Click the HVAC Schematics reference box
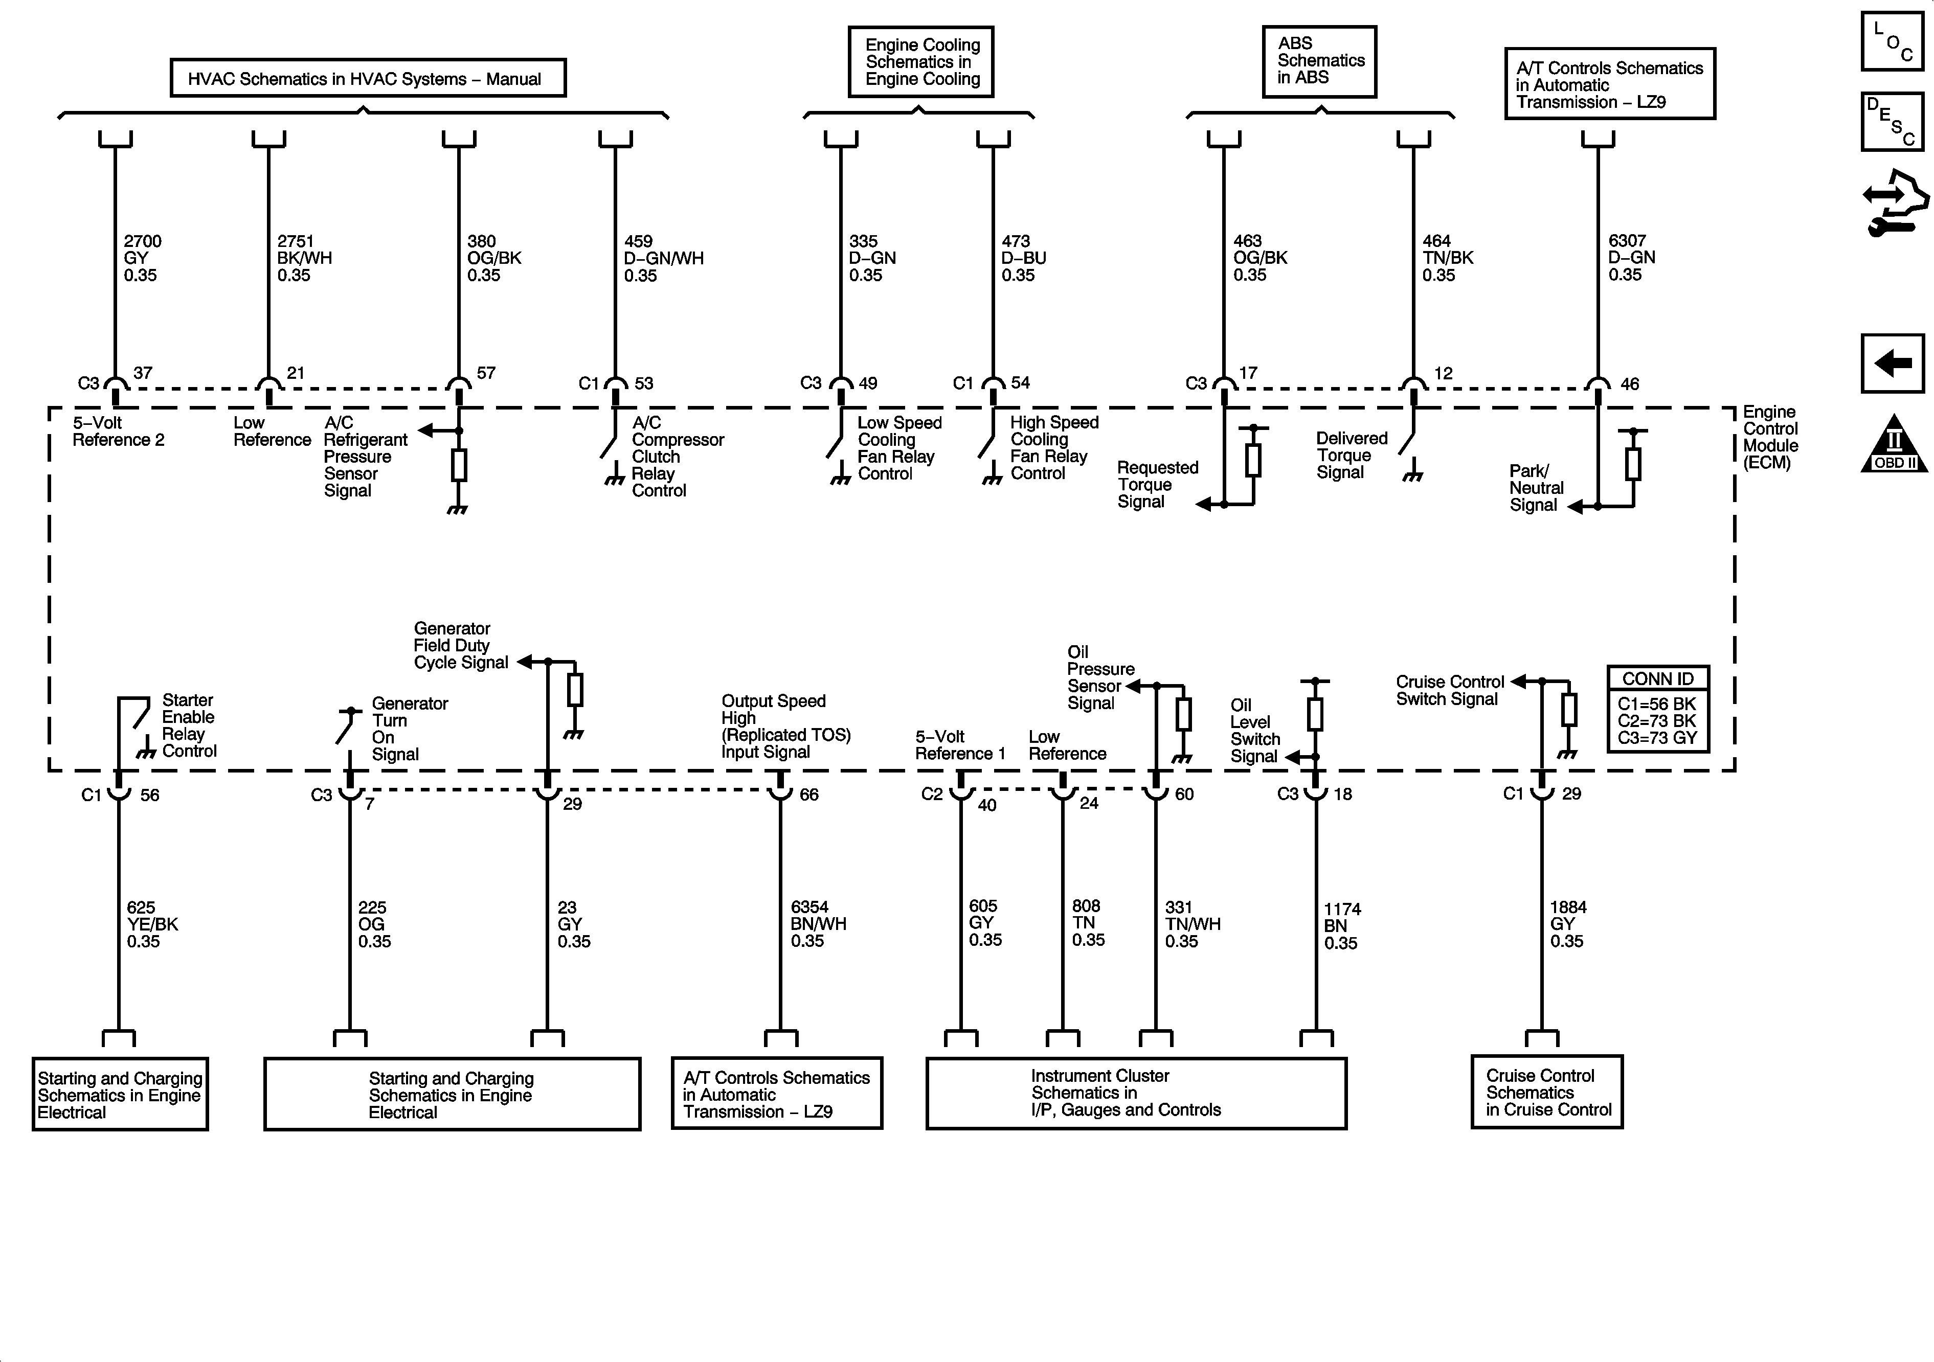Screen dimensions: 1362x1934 tap(367, 78)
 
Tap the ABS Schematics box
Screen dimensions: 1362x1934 tap(1319, 61)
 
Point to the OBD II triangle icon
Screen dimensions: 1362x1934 tap(1894, 445)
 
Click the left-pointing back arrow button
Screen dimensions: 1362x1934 tap(1893, 363)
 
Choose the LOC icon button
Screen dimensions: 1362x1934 tap(1892, 40)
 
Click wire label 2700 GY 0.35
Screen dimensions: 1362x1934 tap(142, 258)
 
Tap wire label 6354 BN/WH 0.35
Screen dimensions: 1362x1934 tap(818, 923)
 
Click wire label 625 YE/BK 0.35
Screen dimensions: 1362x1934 tap(152, 924)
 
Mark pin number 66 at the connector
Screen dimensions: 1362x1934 tap(808, 794)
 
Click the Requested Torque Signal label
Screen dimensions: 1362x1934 tap(1157, 484)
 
